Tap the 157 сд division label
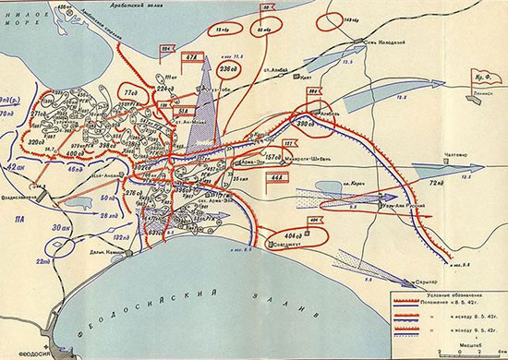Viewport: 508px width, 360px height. pos(272,156)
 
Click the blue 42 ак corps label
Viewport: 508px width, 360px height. pos(14,168)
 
